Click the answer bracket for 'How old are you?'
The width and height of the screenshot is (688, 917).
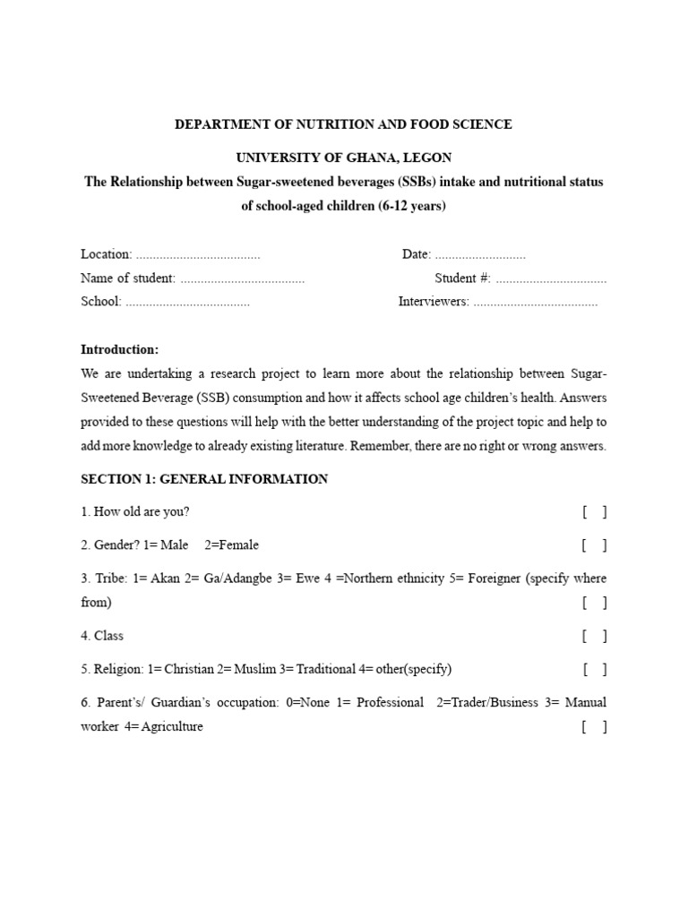[594, 512]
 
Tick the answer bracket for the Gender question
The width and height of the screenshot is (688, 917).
[594, 544]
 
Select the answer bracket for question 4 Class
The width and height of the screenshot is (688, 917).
[594, 636]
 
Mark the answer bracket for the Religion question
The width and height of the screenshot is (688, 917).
[594, 669]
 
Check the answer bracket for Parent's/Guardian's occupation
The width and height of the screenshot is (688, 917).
[594, 727]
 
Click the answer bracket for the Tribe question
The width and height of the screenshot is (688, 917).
[594, 603]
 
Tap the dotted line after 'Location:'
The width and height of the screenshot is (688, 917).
[198, 254]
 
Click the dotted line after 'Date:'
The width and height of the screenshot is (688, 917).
[480, 254]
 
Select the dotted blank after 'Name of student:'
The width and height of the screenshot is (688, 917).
[242, 279]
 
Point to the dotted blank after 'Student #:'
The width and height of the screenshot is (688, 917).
[551, 279]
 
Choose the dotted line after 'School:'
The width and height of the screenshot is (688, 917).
[187, 302]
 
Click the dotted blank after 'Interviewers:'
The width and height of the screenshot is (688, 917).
[535, 302]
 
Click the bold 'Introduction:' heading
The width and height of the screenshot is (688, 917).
[120, 349]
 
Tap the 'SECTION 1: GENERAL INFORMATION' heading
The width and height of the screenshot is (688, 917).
[204, 479]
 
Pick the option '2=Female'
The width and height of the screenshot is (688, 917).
[232, 544]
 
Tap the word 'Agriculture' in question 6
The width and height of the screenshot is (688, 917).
[172, 727]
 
